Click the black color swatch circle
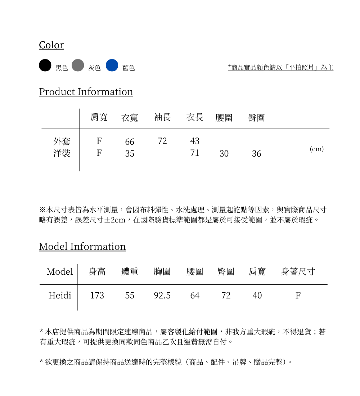(x=45, y=66)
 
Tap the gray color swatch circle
(x=78, y=66)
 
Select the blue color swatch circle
(x=112, y=66)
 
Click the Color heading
(x=51, y=45)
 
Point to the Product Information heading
(x=86, y=92)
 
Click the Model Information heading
(x=82, y=247)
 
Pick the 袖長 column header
(x=162, y=117)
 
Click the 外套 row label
(x=62, y=141)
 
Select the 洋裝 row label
(x=62, y=154)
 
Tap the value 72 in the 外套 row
(x=162, y=141)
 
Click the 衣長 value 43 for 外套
(x=195, y=141)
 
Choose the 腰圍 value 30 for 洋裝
(x=224, y=154)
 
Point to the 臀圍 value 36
(x=256, y=154)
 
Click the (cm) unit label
(x=316, y=149)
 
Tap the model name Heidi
(x=60, y=296)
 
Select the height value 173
(x=97, y=296)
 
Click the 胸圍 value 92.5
(x=162, y=296)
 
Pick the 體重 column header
(x=130, y=271)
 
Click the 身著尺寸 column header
(x=298, y=271)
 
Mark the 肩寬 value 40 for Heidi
(x=257, y=296)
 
